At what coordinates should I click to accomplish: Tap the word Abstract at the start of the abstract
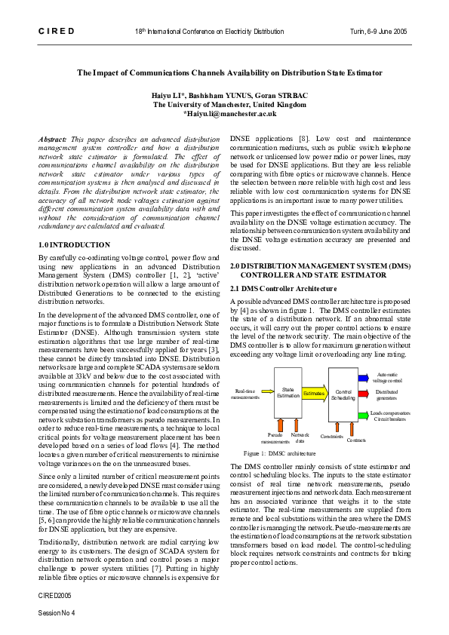pos(52,140)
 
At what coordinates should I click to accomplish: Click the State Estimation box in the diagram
pos(288,392)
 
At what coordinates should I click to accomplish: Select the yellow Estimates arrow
pos(315,393)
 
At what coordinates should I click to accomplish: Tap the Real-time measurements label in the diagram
pos(246,394)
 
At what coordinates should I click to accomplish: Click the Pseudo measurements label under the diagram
pos(275,438)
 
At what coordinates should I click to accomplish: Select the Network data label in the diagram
pos(300,438)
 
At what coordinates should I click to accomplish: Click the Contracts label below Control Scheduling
pos(356,440)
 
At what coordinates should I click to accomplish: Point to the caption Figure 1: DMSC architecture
pos(279,454)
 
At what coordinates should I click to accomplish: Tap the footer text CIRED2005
pos(53,595)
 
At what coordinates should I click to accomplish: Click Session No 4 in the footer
pos(57,612)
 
